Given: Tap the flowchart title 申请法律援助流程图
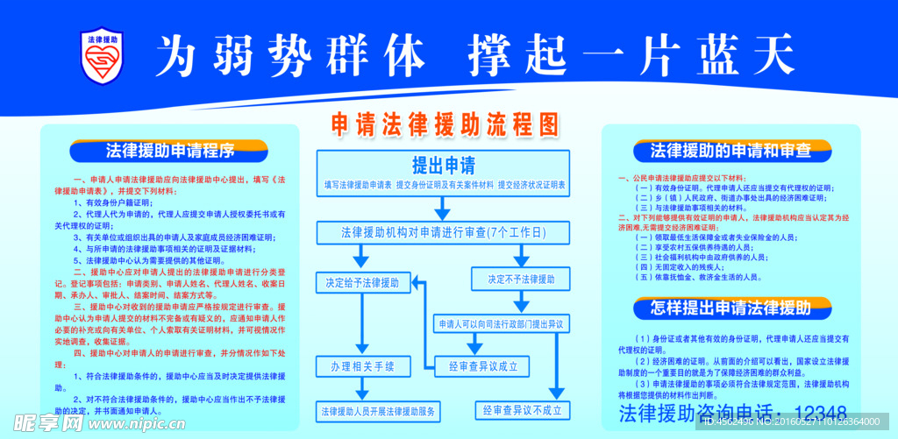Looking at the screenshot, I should tap(445, 124).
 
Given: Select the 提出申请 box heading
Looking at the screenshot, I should tap(444, 166).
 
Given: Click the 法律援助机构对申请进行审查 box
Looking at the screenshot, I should tap(443, 233).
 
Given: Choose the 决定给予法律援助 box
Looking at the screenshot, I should tap(361, 283).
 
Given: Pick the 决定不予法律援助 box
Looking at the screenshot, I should tap(514, 280).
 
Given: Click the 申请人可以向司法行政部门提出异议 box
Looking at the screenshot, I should tap(499, 324).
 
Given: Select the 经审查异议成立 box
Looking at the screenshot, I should tap(482, 366).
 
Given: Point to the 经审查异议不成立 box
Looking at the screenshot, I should tap(521, 409).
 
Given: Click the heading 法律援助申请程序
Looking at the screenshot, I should tap(170, 151).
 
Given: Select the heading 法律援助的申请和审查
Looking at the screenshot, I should tap(731, 151).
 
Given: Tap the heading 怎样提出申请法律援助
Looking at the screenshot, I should tap(731, 308).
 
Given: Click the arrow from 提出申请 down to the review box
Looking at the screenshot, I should tap(443, 208).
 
